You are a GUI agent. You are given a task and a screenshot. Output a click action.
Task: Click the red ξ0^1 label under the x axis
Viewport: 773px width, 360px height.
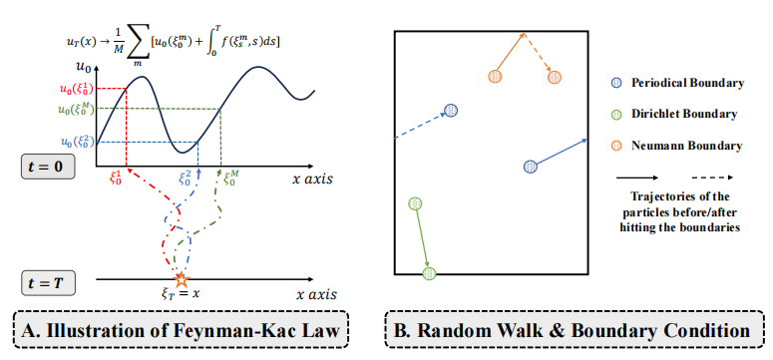117,178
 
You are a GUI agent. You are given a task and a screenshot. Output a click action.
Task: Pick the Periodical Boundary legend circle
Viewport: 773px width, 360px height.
615,83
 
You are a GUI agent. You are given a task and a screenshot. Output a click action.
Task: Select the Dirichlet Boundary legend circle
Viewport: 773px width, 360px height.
615,115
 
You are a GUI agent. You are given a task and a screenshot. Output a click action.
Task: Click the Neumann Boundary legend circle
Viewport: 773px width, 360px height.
615,146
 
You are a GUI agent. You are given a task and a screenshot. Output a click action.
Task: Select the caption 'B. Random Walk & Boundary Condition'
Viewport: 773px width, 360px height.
569,330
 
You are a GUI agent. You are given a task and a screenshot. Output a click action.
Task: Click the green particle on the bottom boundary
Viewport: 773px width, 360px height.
429,272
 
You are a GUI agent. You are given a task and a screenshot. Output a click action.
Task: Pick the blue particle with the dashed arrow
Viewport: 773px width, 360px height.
451,111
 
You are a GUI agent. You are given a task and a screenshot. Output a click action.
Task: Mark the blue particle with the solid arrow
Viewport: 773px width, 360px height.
531,166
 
